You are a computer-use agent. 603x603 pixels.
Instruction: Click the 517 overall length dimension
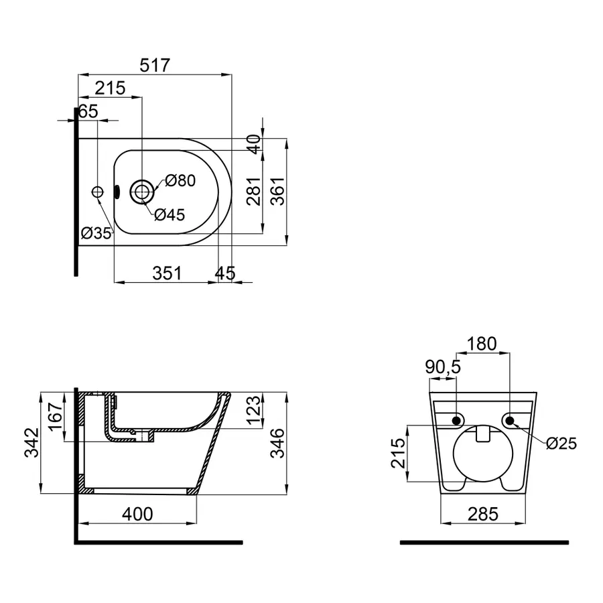155,65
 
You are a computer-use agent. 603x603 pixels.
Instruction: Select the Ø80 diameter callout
180,180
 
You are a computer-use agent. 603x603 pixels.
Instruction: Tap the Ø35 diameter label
96,232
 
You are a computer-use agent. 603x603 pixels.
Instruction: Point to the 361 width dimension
277,191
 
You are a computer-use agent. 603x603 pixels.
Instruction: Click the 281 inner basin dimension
254,191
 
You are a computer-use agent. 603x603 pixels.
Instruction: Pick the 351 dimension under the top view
167,273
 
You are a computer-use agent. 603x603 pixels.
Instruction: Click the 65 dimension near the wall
88,111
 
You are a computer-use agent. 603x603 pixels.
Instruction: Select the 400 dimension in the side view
137,514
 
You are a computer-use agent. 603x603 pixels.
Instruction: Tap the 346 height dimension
277,443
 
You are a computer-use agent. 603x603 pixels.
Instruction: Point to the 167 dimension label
56,417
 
